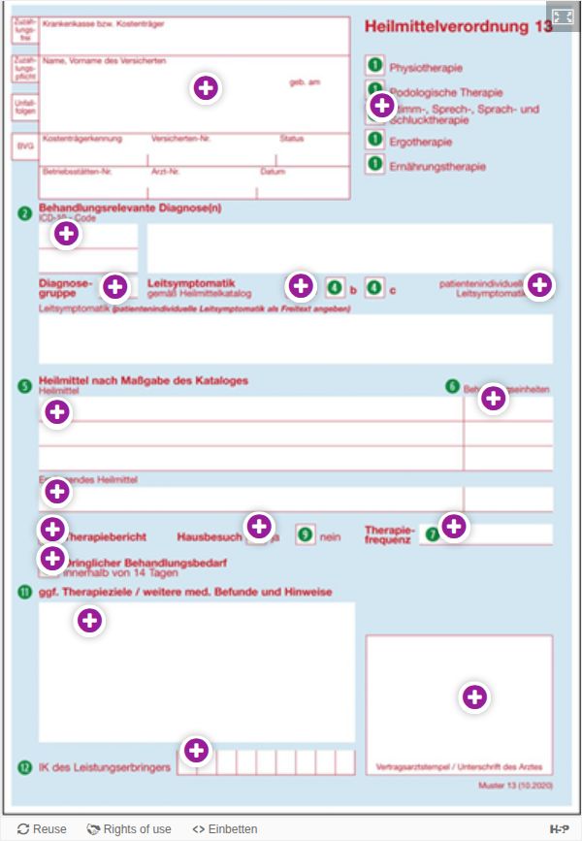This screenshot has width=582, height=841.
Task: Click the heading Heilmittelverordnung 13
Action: tap(458, 27)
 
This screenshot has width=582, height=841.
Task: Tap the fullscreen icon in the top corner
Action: tap(563, 16)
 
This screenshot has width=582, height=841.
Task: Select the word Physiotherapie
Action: tap(426, 68)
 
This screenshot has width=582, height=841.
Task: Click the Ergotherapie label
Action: tap(420, 143)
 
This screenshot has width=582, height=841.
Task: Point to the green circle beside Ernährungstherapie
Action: tap(374, 165)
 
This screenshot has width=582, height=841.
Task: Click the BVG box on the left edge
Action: tap(25, 146)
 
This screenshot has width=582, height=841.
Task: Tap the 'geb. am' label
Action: tap(305, 82)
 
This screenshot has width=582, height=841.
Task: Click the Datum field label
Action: tap(273, 172)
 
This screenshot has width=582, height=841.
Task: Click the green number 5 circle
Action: tap(25, 385)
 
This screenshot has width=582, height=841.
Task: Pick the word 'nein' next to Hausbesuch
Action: tap(330, 536)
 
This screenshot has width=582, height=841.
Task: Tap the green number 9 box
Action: tap(306, 534)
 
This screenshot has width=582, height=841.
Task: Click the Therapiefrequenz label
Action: tap(390, 534)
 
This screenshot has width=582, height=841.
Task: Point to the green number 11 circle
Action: tap(25, 592)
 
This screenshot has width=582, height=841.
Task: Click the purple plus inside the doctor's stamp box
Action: tap(473, 696)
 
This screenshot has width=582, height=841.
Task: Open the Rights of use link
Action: tap(129, 829)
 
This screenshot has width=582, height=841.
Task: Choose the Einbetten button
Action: tap(225, 829)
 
